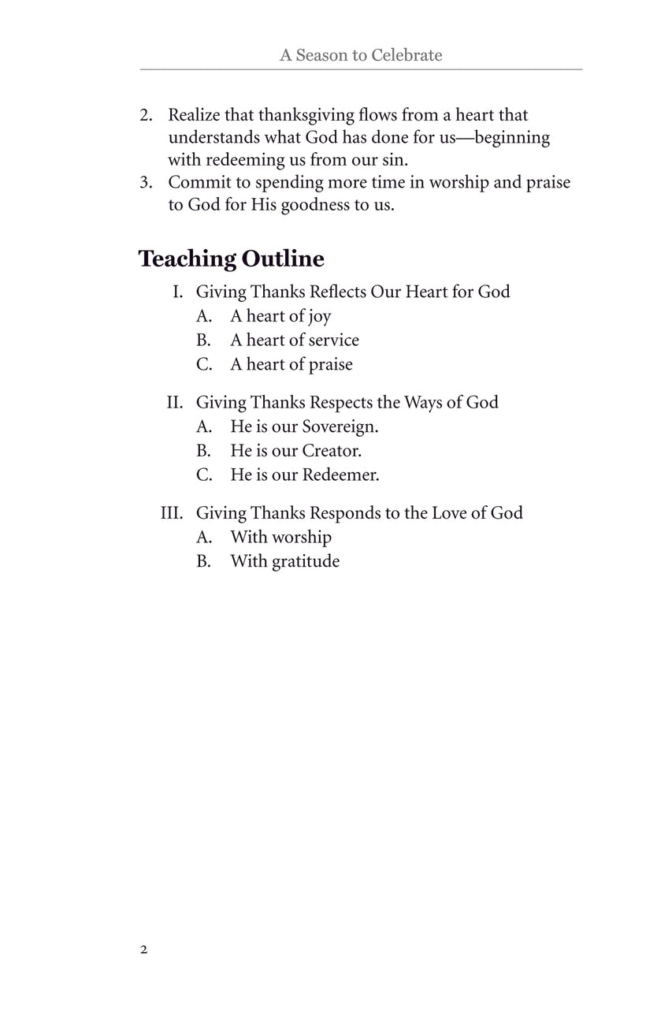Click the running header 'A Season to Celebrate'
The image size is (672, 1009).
click(x=361, y=55)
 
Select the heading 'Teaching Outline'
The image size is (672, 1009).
click(x=231, y=259)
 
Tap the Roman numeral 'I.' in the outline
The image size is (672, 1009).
click(x=178, y=292)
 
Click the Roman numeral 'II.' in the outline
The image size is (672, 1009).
click(x=175, y=402)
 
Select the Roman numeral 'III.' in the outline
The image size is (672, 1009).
click(x=172, y=512)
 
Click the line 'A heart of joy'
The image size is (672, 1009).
click(x=280, y=317)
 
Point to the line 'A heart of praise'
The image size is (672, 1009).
click(x=291, y=364)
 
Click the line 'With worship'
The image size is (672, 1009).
click(x=280, y=538)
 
